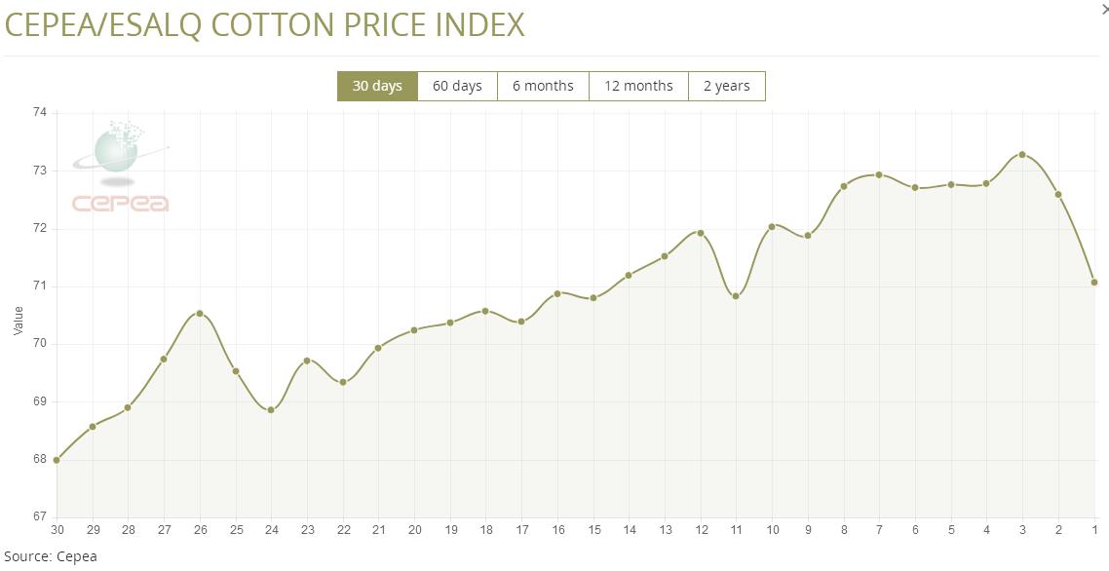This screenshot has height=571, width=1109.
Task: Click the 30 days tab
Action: coord(377,86)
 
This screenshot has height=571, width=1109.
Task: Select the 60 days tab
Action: coord(457,86)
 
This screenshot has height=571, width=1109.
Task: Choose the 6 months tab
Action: coord(543,86)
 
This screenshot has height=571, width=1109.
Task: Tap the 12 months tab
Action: coord(638,86)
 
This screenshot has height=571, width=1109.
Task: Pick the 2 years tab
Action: coord(726,86)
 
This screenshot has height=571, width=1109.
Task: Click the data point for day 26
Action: coord(200,313)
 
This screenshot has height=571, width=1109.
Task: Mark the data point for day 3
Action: coord(1022,154)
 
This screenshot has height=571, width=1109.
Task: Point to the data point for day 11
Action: coord(736,296)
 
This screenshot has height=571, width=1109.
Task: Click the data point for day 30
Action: coord(57,460)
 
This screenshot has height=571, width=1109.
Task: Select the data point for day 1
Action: coord(1094,283)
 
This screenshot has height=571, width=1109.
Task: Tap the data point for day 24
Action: coord(271,410)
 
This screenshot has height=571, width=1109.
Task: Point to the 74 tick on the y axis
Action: coord(40,113)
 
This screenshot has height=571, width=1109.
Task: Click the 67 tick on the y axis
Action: coord(40,516)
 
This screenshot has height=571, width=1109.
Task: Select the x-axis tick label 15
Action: coord(593,530)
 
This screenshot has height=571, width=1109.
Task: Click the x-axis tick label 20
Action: coord(414,530)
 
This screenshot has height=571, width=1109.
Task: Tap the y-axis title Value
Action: coord(19,321)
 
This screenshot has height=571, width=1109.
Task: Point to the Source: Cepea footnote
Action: coord(50,556)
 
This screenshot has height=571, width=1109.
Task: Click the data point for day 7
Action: coord(879,174)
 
